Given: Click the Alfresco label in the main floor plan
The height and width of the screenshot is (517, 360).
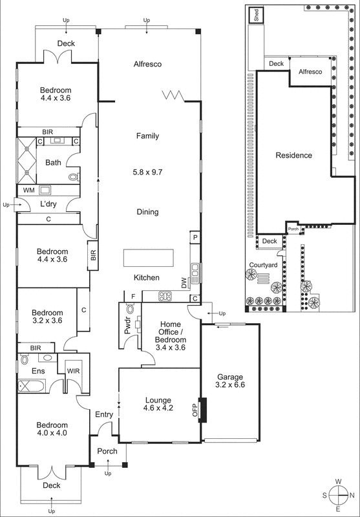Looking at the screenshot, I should click(x=147, y=64).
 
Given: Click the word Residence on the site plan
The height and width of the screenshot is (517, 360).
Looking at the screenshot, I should click(x=293, y=155).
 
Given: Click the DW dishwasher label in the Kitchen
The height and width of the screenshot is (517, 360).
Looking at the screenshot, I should click(x=184, y=282).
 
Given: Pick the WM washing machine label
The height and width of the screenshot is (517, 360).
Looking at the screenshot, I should click(x=28, y=191).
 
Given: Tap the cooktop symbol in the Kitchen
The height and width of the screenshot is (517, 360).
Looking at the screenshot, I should click(x=165, y=297).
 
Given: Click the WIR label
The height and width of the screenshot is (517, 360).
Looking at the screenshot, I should click(x=73, y=371).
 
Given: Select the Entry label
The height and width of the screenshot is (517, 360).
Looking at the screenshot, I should click(x=104, y=414).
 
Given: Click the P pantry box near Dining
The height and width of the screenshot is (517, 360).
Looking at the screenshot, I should click(x=194, y=238).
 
